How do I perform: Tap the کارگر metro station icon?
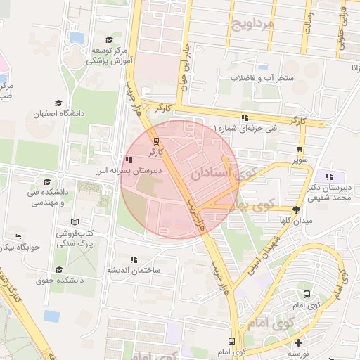coord(156,139)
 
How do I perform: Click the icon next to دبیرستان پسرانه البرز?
coord(127,160)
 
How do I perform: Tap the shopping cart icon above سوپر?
coord(300,149)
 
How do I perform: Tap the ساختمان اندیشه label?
coord(134,270)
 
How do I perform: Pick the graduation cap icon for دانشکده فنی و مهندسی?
coord(47,181)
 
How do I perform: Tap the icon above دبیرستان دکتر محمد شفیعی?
coord(329,176)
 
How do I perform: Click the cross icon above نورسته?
coord(299,342)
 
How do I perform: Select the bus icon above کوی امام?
coord(307,294)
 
